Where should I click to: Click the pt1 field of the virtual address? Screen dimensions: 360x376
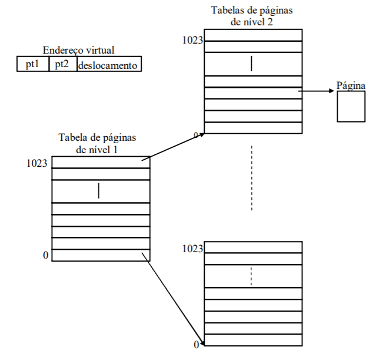32,64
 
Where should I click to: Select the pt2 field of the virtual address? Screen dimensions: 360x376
62,64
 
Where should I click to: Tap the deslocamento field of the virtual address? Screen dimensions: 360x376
109,64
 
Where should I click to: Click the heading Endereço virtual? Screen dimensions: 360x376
78,51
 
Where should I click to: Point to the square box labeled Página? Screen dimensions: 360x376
351,107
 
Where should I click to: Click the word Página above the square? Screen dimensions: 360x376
351,86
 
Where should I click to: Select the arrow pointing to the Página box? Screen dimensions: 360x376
318,91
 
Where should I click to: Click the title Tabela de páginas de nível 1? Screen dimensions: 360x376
97,143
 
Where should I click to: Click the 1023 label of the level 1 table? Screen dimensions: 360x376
37,163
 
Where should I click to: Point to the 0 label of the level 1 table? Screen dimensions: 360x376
45,255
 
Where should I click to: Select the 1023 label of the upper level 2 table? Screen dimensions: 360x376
192,40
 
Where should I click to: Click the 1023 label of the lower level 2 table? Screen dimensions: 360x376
192,249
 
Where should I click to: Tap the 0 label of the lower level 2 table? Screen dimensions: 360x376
197,344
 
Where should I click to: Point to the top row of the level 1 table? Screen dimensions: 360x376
101,163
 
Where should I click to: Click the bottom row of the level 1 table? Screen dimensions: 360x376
101,255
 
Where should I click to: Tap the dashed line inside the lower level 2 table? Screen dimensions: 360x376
252,276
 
